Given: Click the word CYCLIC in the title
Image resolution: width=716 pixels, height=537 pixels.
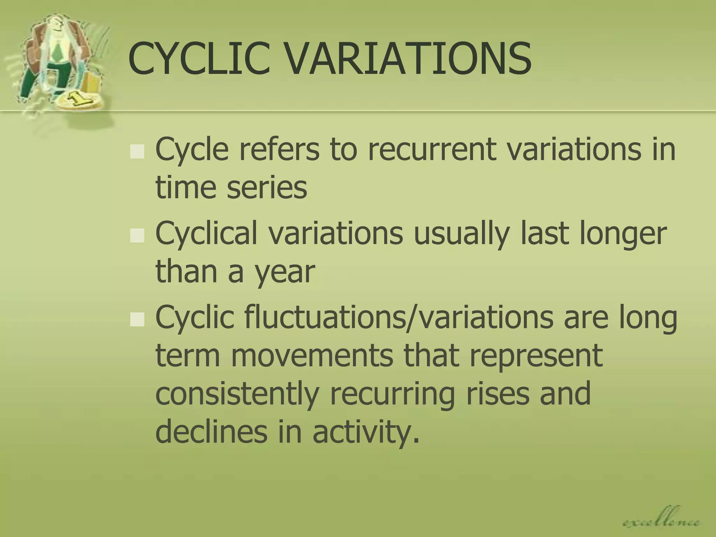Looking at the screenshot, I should (199, 59).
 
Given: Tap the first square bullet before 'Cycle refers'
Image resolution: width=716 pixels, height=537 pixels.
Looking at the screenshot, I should (137, 152).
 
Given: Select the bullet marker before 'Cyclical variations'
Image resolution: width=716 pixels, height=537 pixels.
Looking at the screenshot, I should (137, 236).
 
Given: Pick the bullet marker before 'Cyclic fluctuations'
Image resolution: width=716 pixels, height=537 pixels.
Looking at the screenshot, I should (137, 320).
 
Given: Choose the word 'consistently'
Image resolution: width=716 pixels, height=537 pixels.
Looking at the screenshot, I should (237, 394).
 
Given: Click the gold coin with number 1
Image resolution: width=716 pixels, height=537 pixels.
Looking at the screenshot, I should (79, 100).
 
